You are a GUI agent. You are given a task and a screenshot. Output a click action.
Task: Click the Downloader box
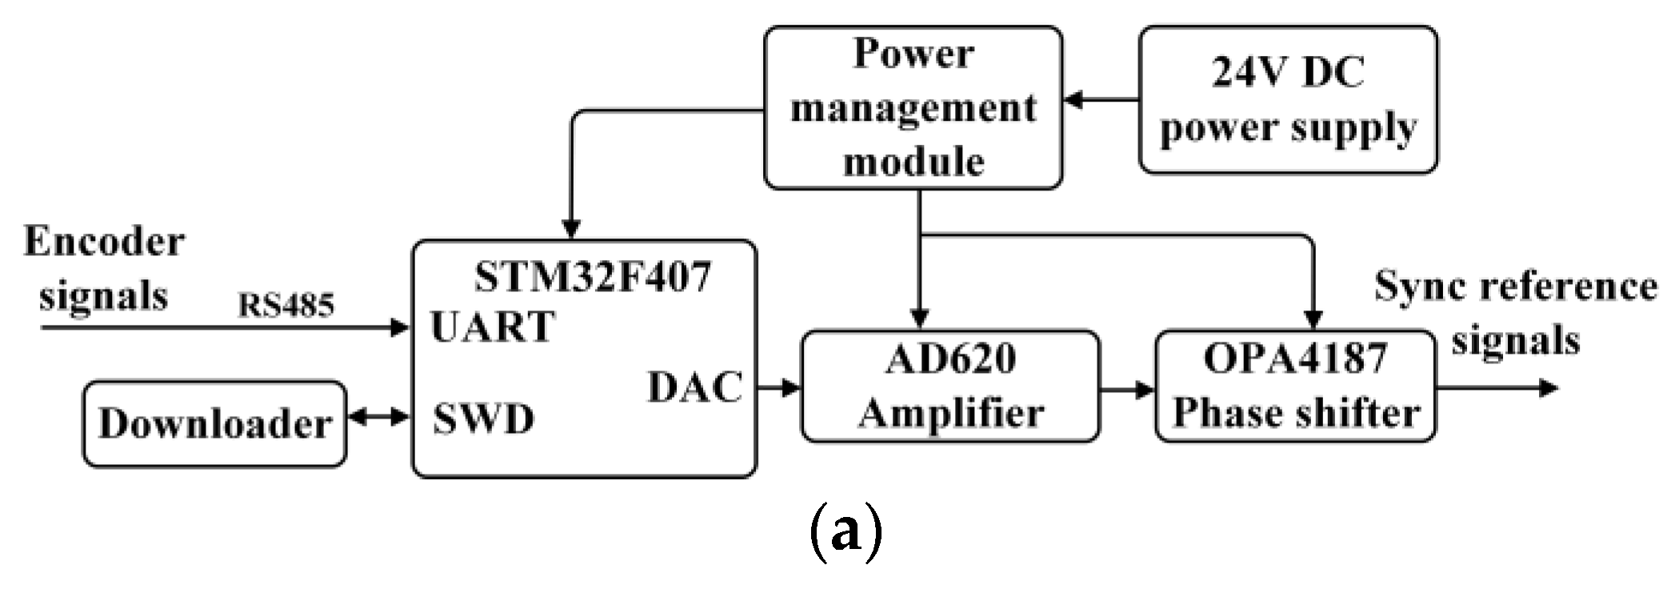(214, 424)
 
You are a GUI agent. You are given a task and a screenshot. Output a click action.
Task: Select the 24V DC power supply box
(1288, 100)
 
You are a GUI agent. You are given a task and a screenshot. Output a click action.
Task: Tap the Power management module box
(913, 108)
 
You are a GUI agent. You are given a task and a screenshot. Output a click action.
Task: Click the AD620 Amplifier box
(950, 387)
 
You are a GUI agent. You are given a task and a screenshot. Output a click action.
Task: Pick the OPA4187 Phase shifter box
(1295, 387)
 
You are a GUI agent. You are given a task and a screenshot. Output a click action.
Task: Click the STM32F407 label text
(592, 278)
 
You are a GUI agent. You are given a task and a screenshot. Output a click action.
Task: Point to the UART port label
(492, 327)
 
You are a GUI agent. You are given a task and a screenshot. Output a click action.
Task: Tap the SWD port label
(483, 419)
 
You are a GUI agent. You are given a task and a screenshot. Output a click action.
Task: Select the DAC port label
(694, 387)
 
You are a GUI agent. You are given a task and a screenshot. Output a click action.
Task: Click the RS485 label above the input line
(286, 305)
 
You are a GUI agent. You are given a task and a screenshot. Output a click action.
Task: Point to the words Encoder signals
(104, 268)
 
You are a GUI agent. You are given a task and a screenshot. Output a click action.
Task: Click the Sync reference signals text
(1515, 313)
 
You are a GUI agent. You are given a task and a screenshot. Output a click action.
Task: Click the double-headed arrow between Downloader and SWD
(379, 417)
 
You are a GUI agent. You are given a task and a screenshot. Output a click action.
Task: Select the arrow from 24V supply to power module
(1101, 100)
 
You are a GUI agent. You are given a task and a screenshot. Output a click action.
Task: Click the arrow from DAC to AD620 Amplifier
(779, 388)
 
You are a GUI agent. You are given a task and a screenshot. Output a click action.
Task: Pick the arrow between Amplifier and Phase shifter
(1128, 391)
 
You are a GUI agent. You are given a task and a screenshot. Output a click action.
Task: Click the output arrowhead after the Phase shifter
(1549, 389)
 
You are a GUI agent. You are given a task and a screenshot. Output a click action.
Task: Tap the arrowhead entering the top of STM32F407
(571, 229)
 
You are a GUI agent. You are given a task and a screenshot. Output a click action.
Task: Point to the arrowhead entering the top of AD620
(920, 318)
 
